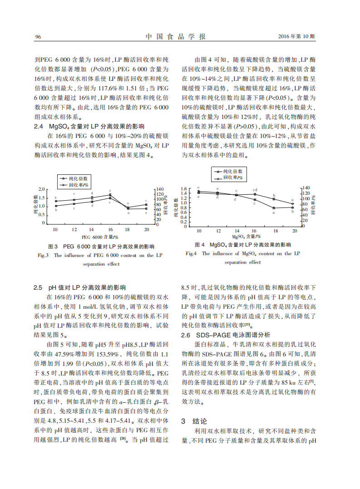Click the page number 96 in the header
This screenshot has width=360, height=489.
pyautogui.click(x=38, y=37)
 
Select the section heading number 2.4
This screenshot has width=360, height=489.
pyautogui.click(x=39, y=126)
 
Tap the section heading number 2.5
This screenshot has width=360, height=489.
pyautogui.click(x=39, y=288)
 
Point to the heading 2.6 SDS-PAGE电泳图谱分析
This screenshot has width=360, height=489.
pyautogui.click(x=225, y=335)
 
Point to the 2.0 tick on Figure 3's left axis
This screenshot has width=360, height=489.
pyautogui.click(x=42, y=189)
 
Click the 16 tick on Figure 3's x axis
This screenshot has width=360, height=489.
pyautogui.click(x=110, y=229)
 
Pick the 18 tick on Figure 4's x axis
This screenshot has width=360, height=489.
pyautogui.click(x=274, y=231)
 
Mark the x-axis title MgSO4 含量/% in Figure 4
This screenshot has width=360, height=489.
pyautogui.click(x=247, y=237)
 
